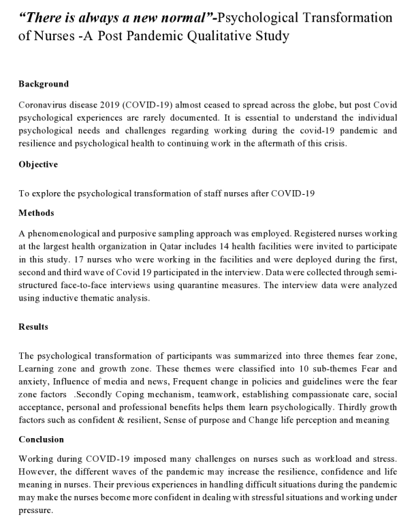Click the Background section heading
coord(44,84)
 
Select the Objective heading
coord(38,164)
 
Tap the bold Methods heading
coord(36,213)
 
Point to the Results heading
coord(34,327)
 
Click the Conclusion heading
coord(41,439)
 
